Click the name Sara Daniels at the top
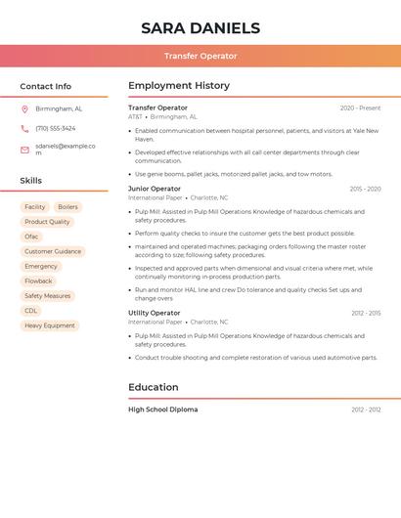[x=200, y=28]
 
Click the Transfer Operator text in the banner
[x=200, y=56]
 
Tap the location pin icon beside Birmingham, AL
[x=24, y=109]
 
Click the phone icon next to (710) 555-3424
[x=24, y=128]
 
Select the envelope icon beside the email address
[x=24, y=150]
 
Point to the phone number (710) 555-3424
[x=56, y=128]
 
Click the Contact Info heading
[x=46, y=86]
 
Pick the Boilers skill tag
[x=67, y=207]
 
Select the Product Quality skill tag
[x=47, y=222]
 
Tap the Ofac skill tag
[x=32, y=237]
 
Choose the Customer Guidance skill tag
[x=53, y=251]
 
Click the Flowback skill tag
[x=39, y=281]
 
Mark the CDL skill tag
[x=31, y=311]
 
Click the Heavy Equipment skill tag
[x=50, y=325]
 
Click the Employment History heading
[x=179, y=86]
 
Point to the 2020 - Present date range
[x=360, y=108]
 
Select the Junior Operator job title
[x=155, y=189]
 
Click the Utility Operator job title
[x=155, y=313]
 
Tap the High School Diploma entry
[x=163, y=410]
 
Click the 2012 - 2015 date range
[x=366, y=313]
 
